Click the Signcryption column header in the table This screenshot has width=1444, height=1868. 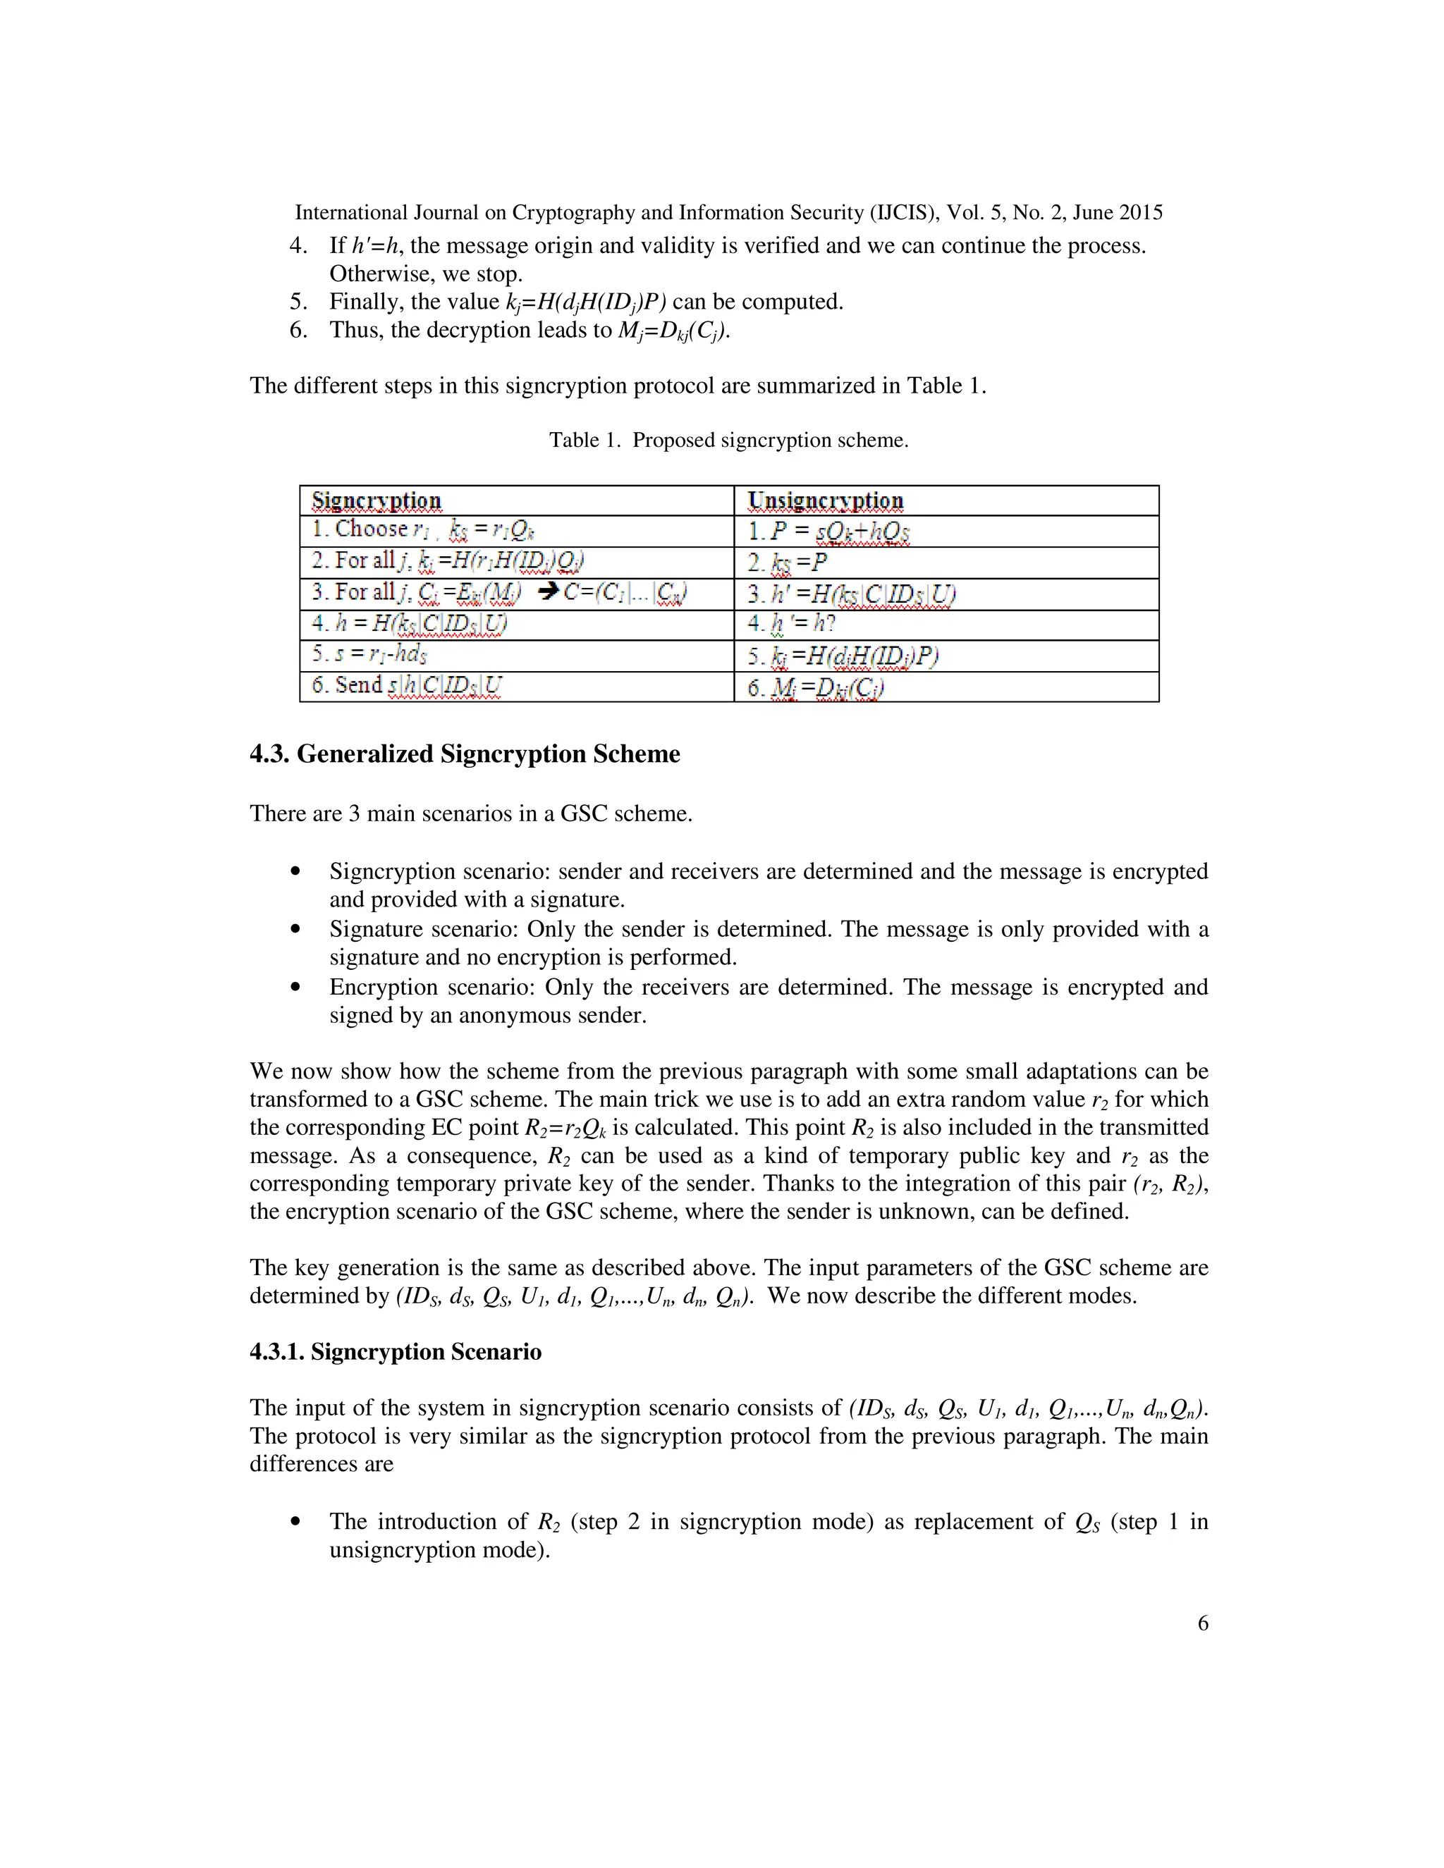pyautogui.click(x=377, y=500)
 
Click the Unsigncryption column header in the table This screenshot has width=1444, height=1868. pyautogui.click(x=826, y=500)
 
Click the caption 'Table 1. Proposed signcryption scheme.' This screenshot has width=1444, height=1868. pyautogui.click(x=728, y=440)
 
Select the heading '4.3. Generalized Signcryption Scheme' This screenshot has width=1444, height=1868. pyautogui.click(x=465, y=754)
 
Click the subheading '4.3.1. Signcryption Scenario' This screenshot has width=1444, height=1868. pyautogui.click(x=396, y=1351)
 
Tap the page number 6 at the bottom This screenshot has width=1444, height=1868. pyautogui.click(x=1202, y=1623)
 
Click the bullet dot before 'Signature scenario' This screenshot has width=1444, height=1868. pyautogui.click(x=295, y=929)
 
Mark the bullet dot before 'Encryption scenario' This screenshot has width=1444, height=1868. pyautogui.click(x=295, y=987)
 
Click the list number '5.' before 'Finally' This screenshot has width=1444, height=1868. pyautogui.click(x=298, y=301)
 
